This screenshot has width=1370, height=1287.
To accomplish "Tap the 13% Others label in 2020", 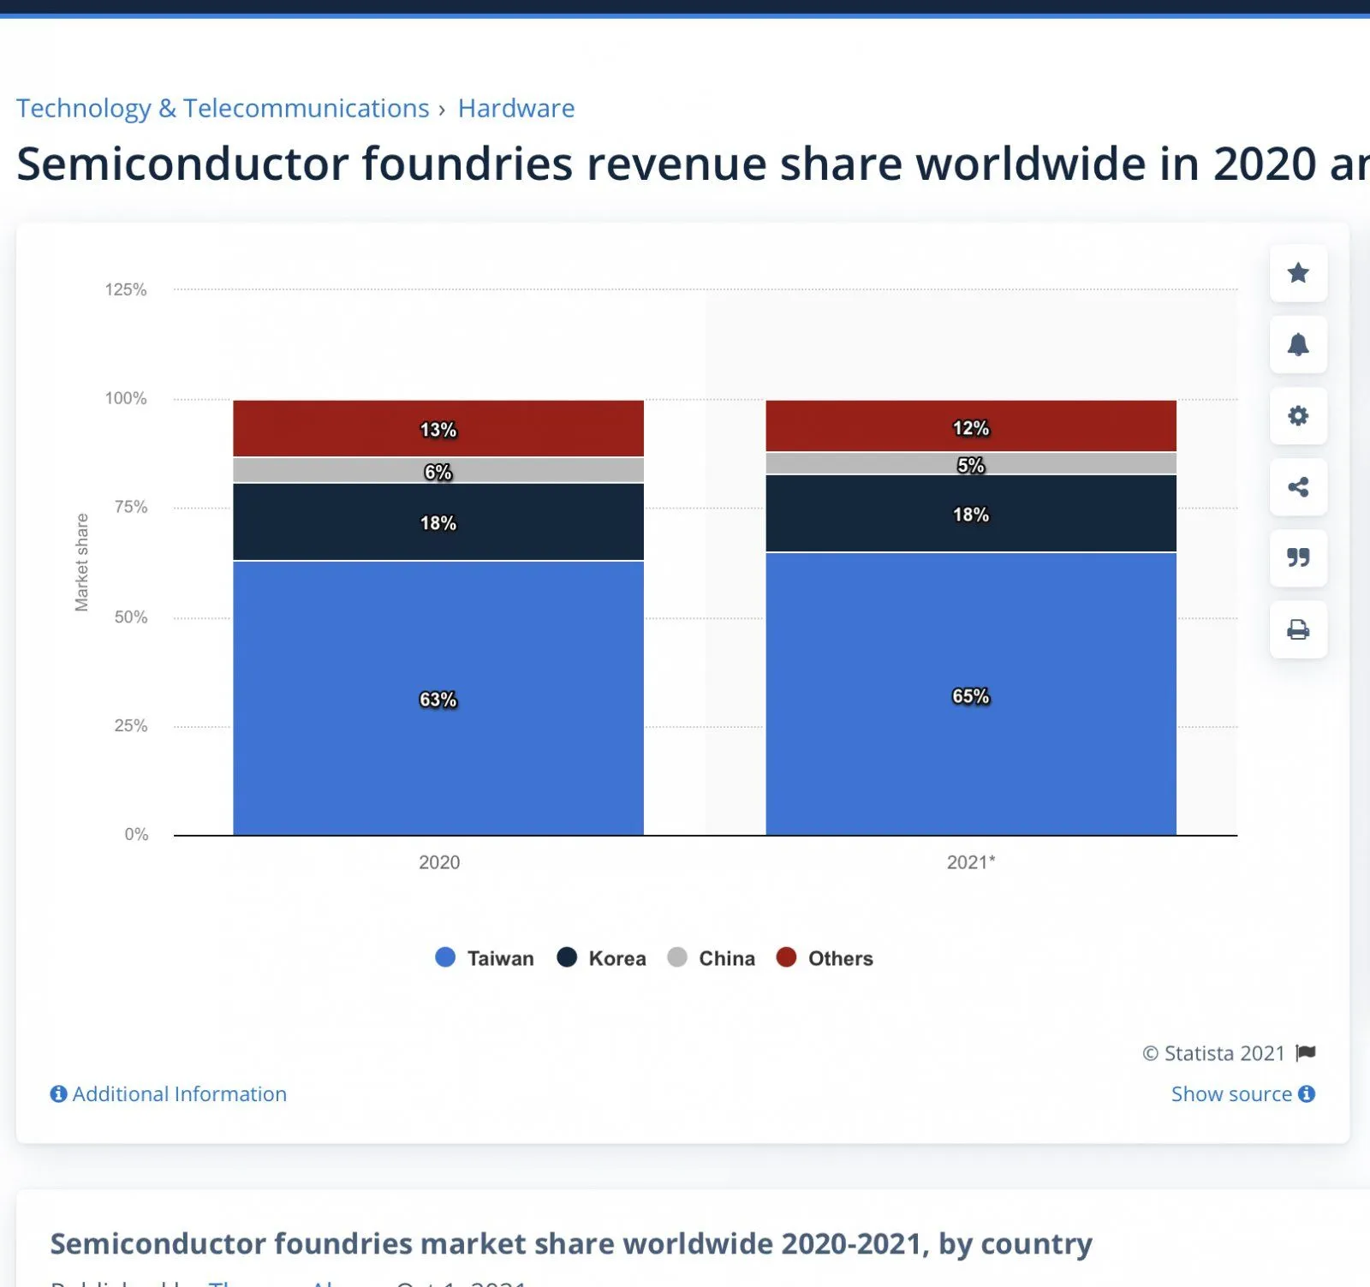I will pyautogui.click(x=438, y=430).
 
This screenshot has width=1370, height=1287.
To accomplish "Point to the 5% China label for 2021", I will pyautogui.click(x=970, y=466).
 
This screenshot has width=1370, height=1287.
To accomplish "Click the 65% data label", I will pyautogui.click(x=970, y=696).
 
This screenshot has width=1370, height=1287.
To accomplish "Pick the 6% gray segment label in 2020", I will pyautogui.click(x=438, y=472).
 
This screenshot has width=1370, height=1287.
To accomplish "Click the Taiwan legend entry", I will pyautogui.click(x=485, y=958).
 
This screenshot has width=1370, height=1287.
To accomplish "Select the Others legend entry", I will pyautogui.click(x=825, y=958).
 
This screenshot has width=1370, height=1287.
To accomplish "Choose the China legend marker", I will pyautogui.click(x=677, y=957).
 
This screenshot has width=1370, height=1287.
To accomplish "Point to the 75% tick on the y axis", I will pyautogui.click(x=131, y=507).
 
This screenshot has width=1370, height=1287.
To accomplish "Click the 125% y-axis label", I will pyautogui.click(x=126, y=289).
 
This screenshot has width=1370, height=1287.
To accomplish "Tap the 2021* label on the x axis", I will pyautogui.click(x=970, y=862).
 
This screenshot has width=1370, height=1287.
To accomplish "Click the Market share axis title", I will pyautogui.click(x=81, y=563).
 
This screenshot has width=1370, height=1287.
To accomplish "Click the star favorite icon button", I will pyautogui.click(x=1298, y=273).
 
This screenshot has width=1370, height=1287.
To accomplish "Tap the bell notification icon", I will pyautogui.click(x=1298, y=344).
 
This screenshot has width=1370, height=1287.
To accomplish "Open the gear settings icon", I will pyautogui.click(x=1298, y=416).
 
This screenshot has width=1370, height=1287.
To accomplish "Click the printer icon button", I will pyautogui.click(x=1298, y=630).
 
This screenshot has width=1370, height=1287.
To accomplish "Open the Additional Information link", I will pyautogui.click(x=170, y=1093).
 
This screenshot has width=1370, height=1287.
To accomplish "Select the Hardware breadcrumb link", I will pyautogui.click(x=516, y=109).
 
